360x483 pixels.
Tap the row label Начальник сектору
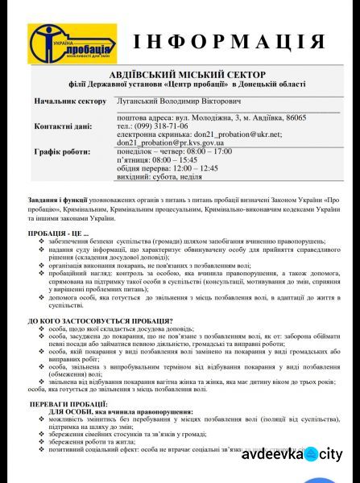coord(70,101)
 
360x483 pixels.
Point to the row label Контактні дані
coord(64,126)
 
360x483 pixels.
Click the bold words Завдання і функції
coord(57,197)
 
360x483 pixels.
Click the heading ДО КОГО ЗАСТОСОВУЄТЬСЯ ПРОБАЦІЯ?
coord(100,320)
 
